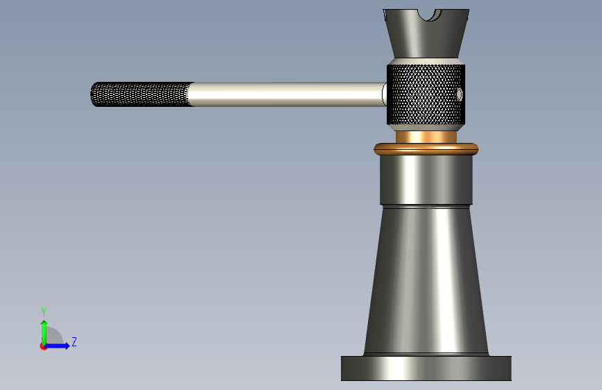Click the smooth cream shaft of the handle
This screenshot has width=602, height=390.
point(288,94)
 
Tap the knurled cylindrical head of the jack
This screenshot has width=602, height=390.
point(426,95)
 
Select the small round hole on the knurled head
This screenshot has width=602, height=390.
point(459,94)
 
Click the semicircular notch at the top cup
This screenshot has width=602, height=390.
point(430,15)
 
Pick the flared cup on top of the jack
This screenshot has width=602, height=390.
point(426,34)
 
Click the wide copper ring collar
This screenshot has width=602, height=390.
point(426,149)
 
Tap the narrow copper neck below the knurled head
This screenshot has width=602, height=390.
point(426,137)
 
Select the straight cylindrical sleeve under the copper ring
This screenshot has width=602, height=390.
point(426,180)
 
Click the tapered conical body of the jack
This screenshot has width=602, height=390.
point(426,280)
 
